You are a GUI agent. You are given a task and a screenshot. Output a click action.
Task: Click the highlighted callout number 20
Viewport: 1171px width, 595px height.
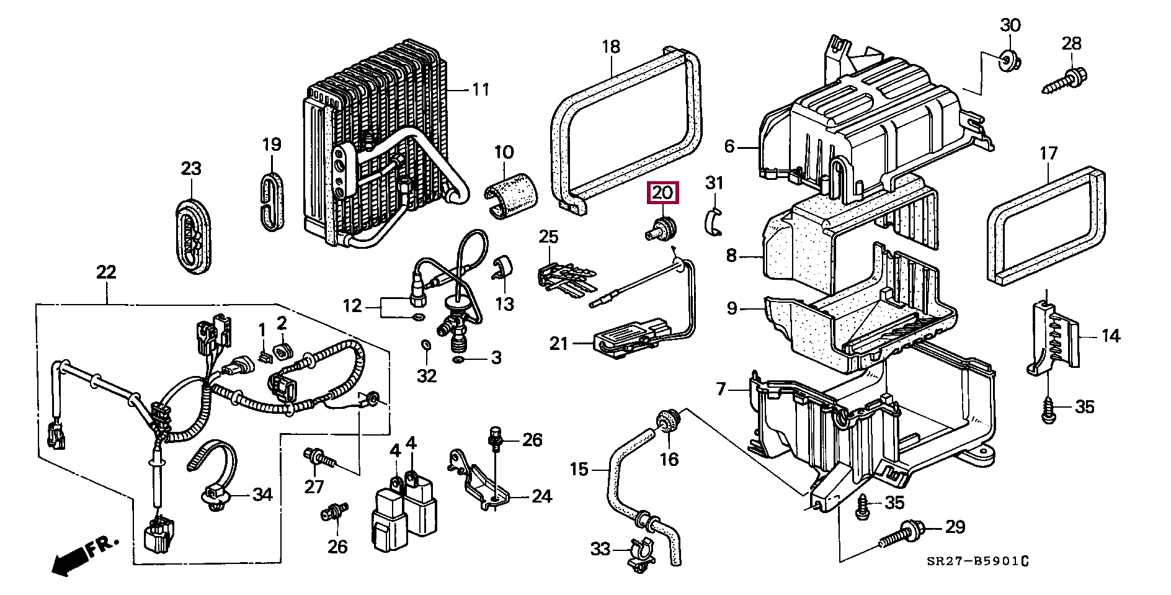[x=663, y=192]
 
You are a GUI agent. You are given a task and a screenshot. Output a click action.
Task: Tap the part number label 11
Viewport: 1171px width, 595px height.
[x=481, y=90]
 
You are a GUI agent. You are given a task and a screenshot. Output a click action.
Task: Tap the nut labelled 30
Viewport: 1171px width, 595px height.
[x=1011, y=61]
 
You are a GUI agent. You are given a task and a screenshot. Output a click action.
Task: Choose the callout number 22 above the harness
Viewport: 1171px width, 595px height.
[x=106, y=272]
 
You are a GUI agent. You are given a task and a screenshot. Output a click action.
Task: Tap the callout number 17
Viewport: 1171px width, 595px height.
[x=1048, y=153]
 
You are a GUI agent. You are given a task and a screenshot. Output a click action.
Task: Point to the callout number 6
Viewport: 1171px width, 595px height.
[x=729, y=146]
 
